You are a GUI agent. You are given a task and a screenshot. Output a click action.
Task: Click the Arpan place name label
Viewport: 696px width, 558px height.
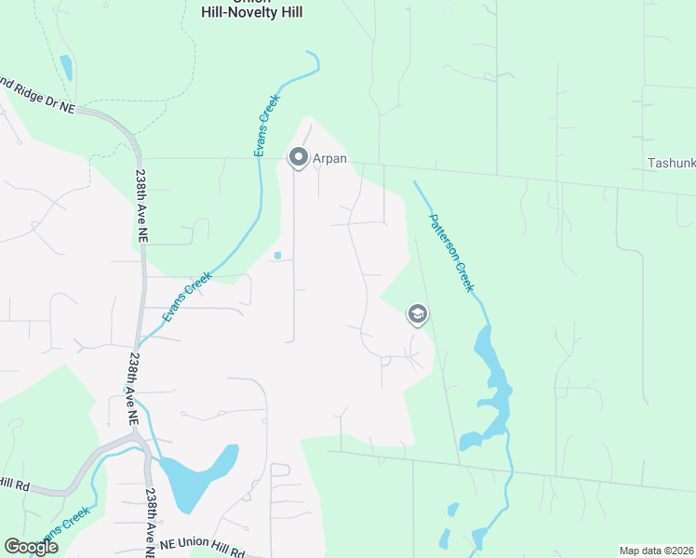point(329,158)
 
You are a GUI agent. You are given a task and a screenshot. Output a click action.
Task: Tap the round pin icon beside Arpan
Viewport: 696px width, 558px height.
point(299,158)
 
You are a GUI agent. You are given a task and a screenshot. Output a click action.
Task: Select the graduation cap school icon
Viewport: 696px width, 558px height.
point(418,315)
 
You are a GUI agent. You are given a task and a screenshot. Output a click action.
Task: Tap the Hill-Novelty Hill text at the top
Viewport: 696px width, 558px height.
point(252,12)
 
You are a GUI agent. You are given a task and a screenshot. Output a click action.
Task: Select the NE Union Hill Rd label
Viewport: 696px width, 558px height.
point(202,550)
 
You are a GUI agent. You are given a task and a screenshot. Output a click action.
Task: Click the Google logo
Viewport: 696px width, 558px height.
point(31,546)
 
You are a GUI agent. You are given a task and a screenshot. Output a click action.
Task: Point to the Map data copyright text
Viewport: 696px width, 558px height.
point(655,551)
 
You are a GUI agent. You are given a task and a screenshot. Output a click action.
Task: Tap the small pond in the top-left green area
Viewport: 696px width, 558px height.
point(66,67)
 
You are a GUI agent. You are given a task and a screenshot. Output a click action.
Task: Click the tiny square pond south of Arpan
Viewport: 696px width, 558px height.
point(277,256)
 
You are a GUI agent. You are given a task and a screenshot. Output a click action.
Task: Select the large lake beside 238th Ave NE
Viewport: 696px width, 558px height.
point(197,476)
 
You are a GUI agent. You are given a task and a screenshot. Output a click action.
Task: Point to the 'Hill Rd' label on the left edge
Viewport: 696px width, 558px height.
point(15,485)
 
